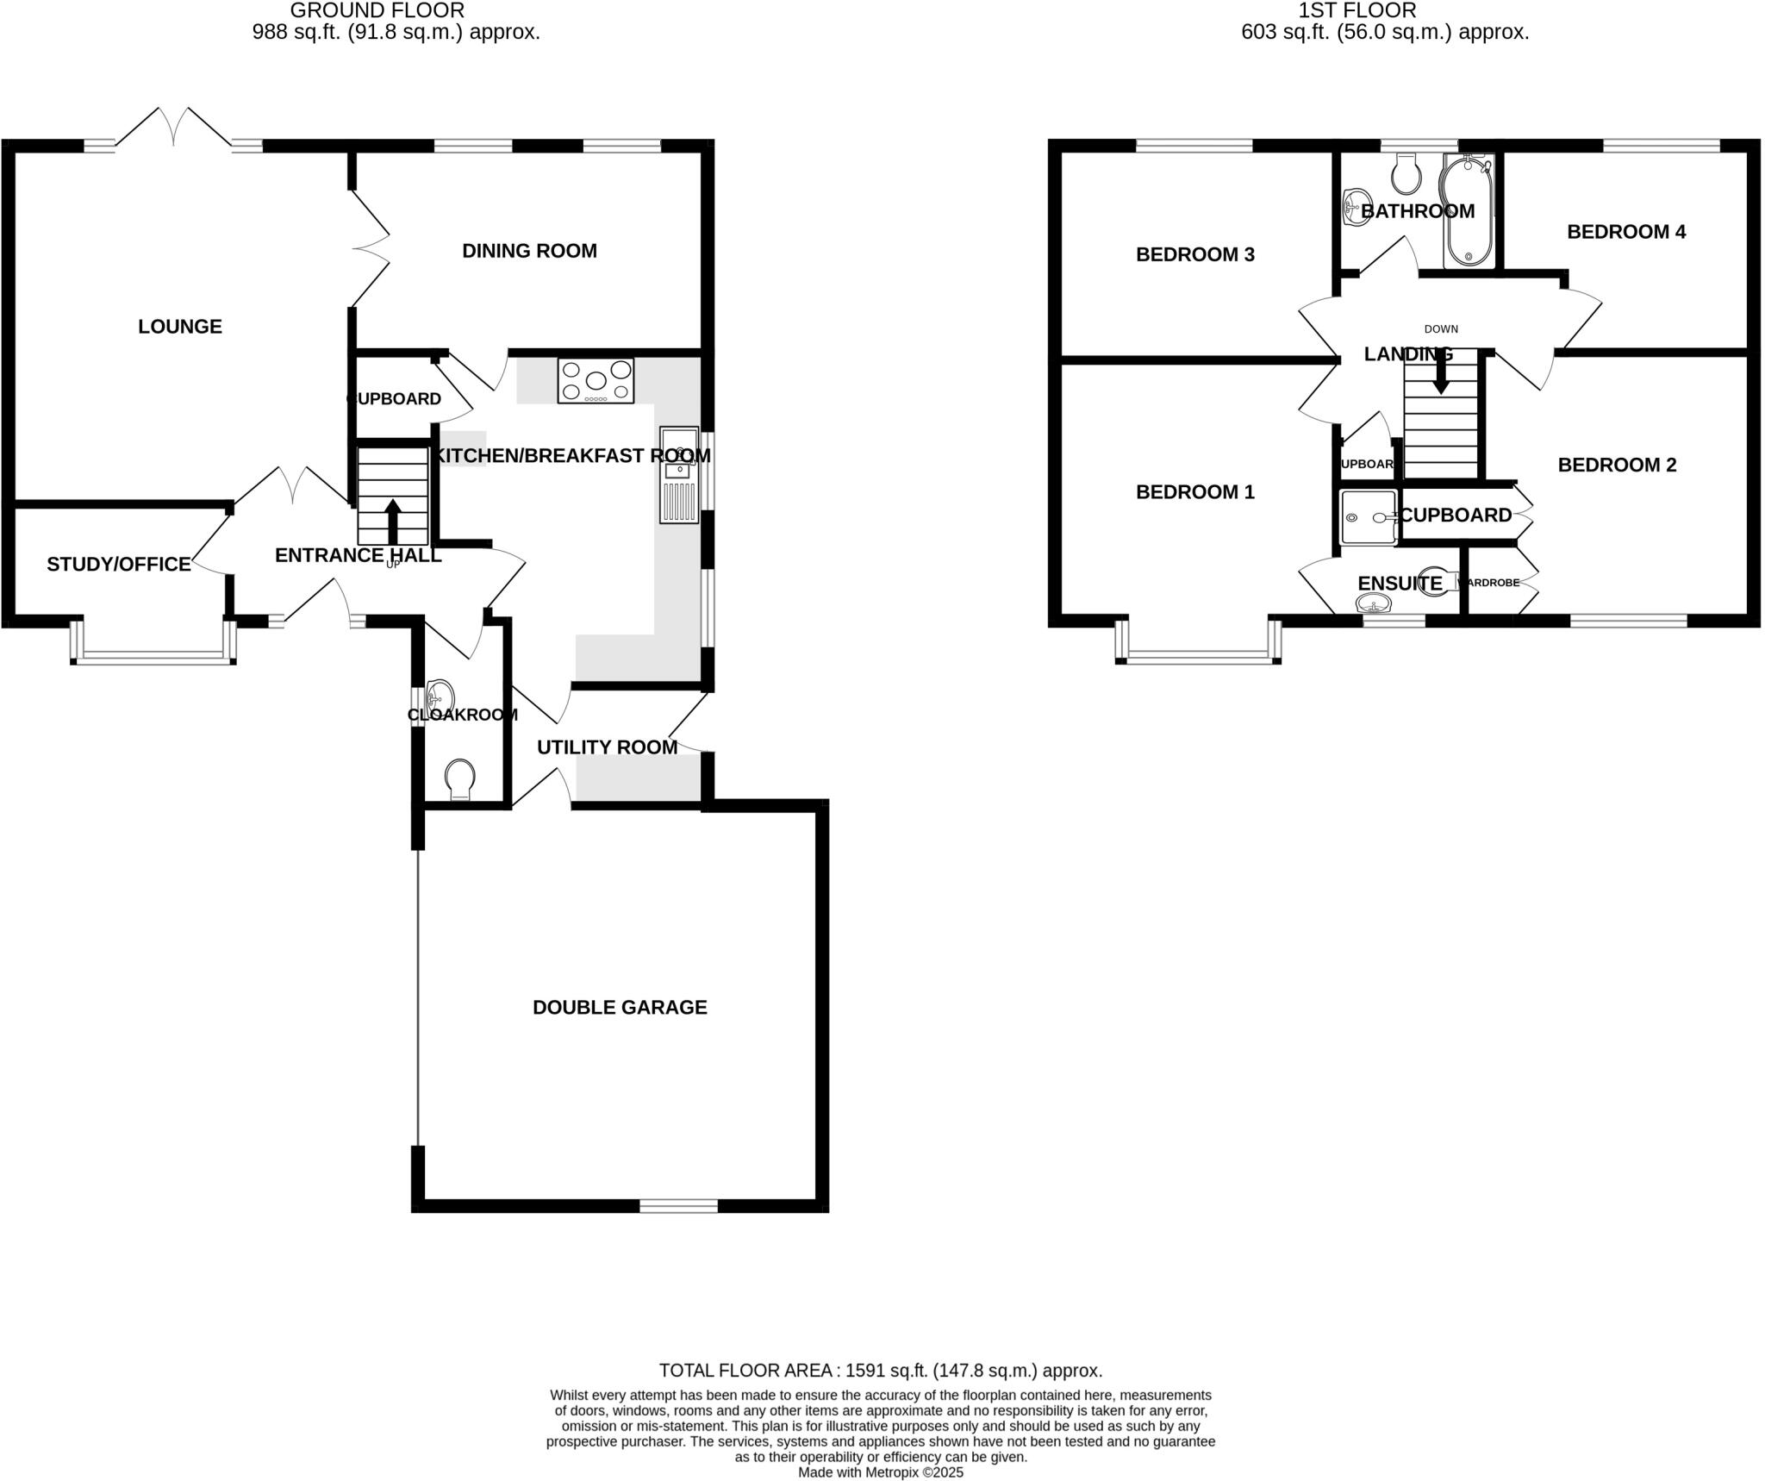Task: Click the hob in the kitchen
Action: point(596,381)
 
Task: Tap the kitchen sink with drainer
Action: point(678,475)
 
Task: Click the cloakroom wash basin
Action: point(440,693)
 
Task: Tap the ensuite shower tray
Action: point(1368,517)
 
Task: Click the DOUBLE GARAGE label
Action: point(620,1007)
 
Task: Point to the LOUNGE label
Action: point(180,327)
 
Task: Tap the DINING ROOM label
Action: point(529,251)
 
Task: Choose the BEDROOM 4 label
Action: point(1625,232)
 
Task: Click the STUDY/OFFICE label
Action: point(119,564)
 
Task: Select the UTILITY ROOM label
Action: point(607,747)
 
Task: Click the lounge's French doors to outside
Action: point(173,129)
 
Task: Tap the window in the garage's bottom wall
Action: point(678,1206)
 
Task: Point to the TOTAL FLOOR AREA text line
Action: point(880,1370)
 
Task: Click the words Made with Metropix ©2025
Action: point(880,1472)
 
